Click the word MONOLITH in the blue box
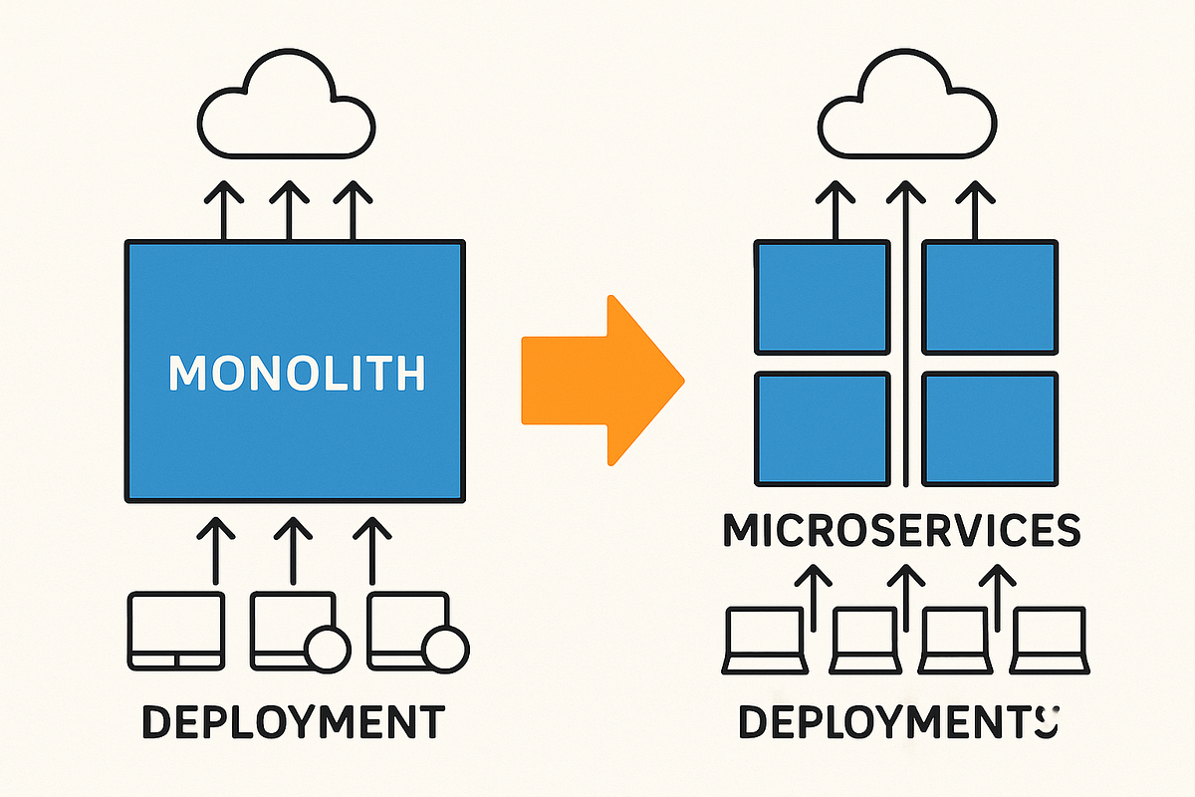click(x=296, y=373)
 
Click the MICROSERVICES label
click(x=901, y=531)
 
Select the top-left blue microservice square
click(x=822, y=297)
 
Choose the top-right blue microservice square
click(x=990, y=297)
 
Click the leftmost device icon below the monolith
click(x=176, y=630)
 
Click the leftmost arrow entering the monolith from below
click(x=212, y=548)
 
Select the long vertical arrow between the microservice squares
click(x=904, y=329)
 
